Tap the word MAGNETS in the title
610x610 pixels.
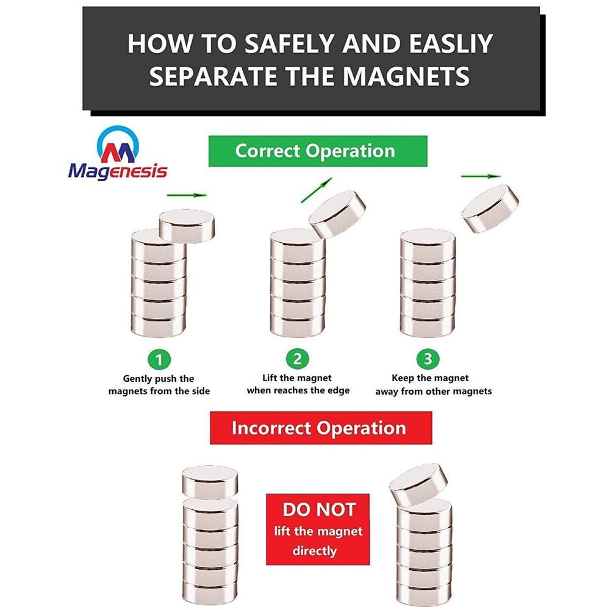pos(406,76)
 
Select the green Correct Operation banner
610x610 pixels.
pos(318,151)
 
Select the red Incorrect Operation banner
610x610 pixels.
pos(321,428)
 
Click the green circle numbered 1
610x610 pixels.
pos(159,359)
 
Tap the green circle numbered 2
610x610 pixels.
pos(297,358)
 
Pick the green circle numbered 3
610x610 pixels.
pos(428,359)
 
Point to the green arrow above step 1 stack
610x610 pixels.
pos(187,195)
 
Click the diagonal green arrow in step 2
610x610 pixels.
pos(317,190)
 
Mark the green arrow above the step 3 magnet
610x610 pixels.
pos(481,176)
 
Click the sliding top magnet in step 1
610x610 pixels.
pos(187,226)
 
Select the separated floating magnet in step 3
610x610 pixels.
pos(490,209)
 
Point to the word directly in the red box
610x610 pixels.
pos(315,551)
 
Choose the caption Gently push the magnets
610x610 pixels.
pos(159,385)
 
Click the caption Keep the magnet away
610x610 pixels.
pos(433,384)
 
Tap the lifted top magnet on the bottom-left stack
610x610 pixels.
pos(210,483)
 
